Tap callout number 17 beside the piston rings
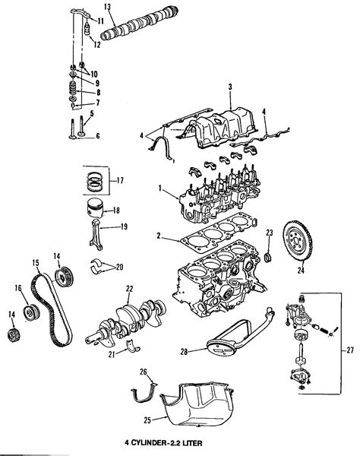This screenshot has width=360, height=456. pyautogui.click(x=121, y=181)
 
